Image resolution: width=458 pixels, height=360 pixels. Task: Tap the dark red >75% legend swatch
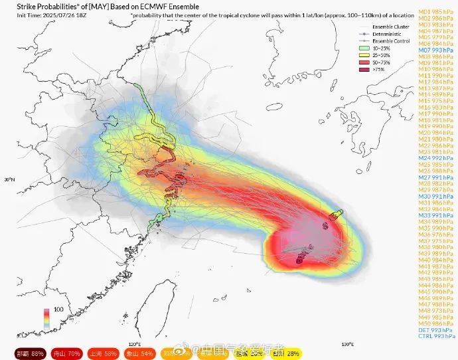(364, 68)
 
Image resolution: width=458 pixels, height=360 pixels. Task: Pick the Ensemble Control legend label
(388, 41)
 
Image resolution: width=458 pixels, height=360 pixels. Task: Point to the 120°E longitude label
(135, 344)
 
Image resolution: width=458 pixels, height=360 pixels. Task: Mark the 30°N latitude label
(10, 180)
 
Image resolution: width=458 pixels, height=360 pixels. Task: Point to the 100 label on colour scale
(58, 310)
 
